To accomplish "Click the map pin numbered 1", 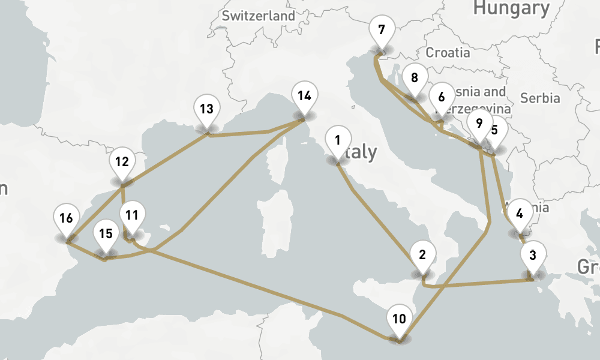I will click(337, 142).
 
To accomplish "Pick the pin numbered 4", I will click(520, 214).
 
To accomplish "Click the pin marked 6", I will click(442, 97).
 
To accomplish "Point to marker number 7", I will click(382, 29).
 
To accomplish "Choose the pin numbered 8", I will click(414, 78).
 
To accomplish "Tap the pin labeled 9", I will click(478, 124).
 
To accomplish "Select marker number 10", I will click(399, 319).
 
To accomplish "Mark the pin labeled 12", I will click(122, 162).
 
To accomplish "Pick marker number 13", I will click(206, 110).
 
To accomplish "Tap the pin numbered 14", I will click(304, 96).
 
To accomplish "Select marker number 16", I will click(66, 218).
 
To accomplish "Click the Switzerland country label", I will click(259, 16).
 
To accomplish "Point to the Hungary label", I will click(511, 8).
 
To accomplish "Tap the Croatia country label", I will click(448, 52).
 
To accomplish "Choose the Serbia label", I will click(540, 98).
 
